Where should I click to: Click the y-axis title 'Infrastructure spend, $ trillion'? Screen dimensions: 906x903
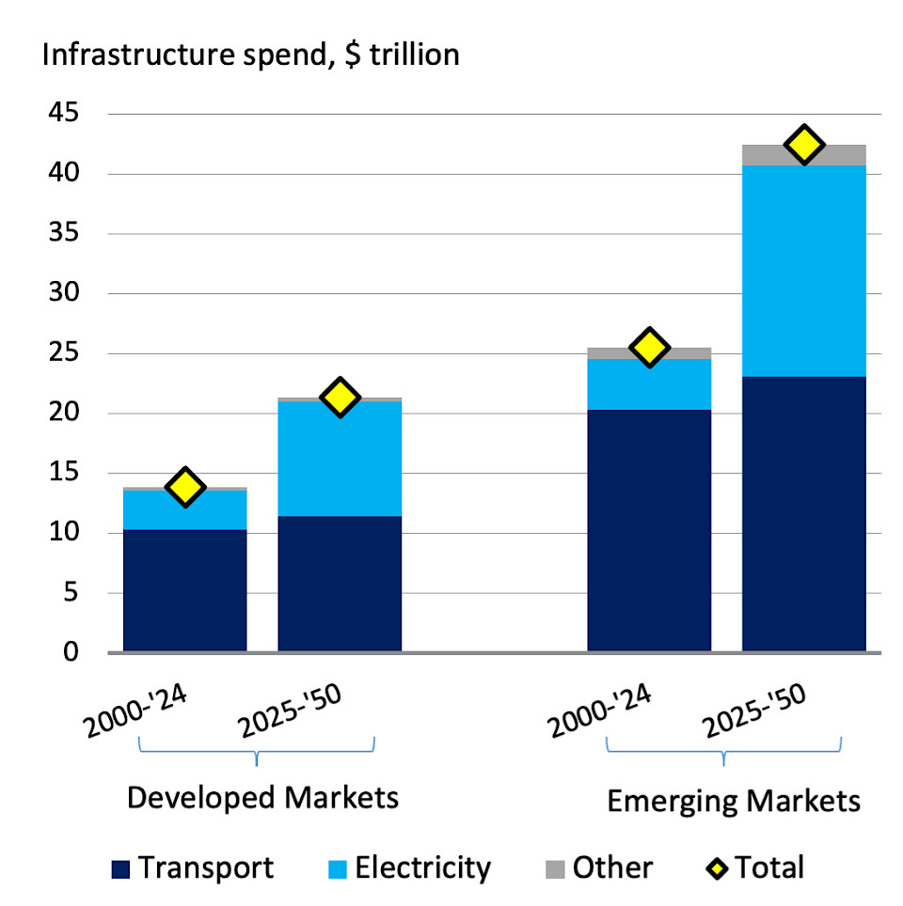tap(249, 54)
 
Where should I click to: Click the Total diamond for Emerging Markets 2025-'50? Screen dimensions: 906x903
tap(804, 145)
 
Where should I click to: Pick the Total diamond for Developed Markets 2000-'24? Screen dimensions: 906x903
tap(185, 487)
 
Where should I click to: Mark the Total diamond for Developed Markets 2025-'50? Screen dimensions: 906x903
tap(340, 398)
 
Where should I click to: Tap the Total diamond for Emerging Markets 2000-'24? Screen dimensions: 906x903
tap(649, 348)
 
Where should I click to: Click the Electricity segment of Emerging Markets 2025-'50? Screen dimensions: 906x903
tap(804, 271)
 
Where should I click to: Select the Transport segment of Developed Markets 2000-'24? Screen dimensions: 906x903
tap(185, 590)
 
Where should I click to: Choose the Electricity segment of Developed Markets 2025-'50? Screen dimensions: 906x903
tap(340, 459)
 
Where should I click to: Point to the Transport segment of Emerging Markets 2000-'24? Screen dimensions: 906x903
tap(649, 530)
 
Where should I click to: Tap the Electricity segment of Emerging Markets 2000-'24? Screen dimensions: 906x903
tap(649, 383)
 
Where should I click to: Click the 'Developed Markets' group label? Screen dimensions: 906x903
tap(262, 798)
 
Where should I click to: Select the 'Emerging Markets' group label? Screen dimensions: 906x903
tap(734, 801)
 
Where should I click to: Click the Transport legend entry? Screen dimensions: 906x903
tap(193, 867)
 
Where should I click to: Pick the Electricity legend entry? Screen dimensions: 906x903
tap(409, 867)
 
